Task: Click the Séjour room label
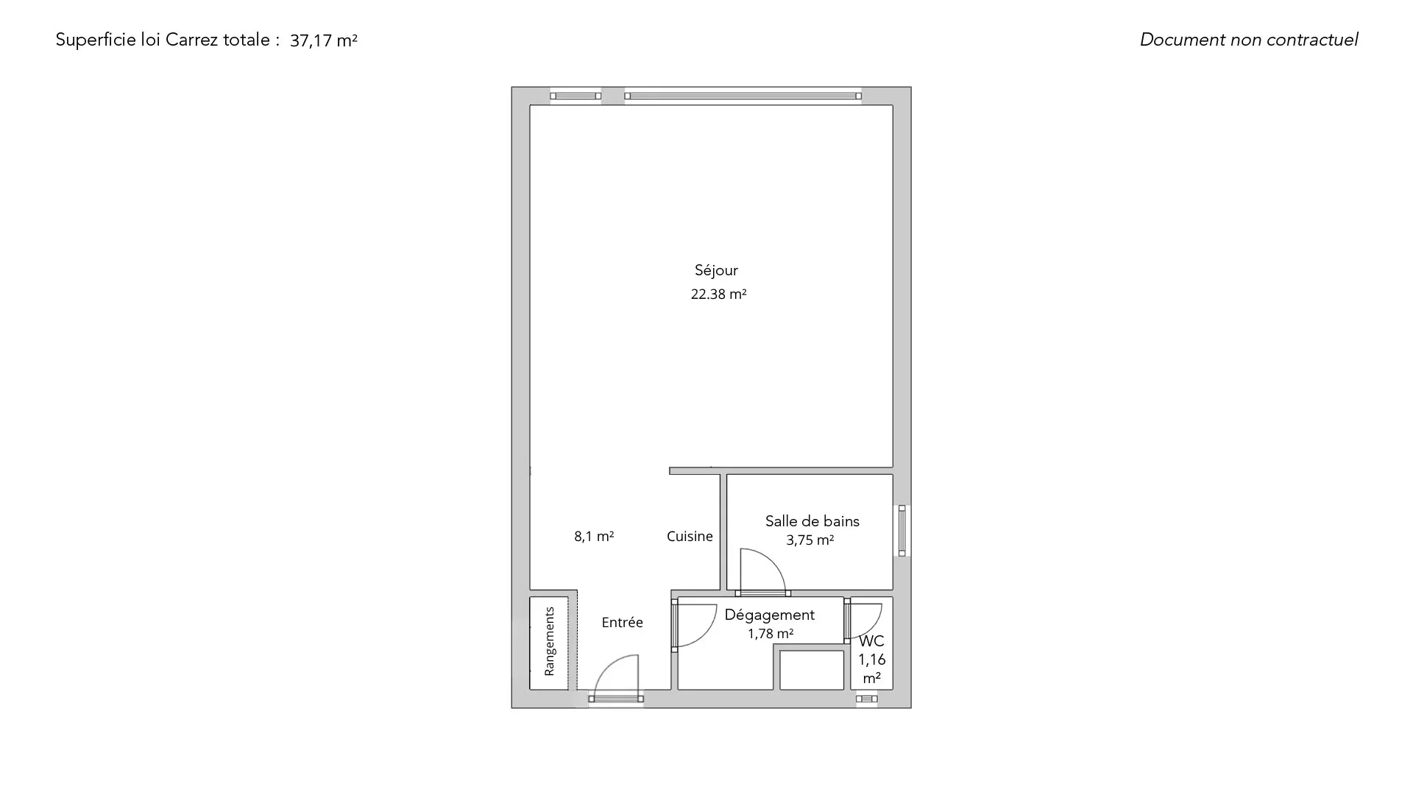point(716,270)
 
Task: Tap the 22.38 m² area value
point(718,294)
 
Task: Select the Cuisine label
point(690,536)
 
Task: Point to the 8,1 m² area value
point(594,536)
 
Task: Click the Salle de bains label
point(812,521)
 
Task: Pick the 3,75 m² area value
point(810,540)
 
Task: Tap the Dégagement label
point(769,615)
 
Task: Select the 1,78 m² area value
point(770,633)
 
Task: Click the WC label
point(871,641)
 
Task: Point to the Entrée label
point(622,622)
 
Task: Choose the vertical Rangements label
point(549,641)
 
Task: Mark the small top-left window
point(576,96)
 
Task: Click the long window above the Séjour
point(743,96)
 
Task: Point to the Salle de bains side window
point(902,531)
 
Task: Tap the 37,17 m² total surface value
point(323,40)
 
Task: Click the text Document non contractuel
point(1249,40)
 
